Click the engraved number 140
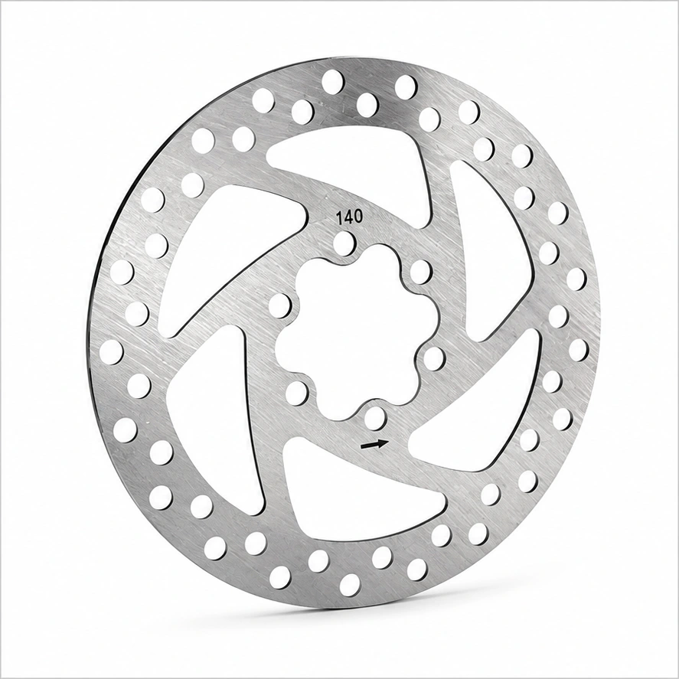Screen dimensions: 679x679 350,217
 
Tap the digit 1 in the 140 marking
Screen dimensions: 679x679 340,218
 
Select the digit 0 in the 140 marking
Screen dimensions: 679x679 358,217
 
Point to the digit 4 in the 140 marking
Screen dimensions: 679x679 348,217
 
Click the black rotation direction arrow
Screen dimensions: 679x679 374,444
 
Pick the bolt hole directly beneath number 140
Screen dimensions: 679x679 344,242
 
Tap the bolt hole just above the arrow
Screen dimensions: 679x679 375,417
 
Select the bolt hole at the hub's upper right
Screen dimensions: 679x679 421,271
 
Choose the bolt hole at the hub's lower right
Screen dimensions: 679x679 434,357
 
